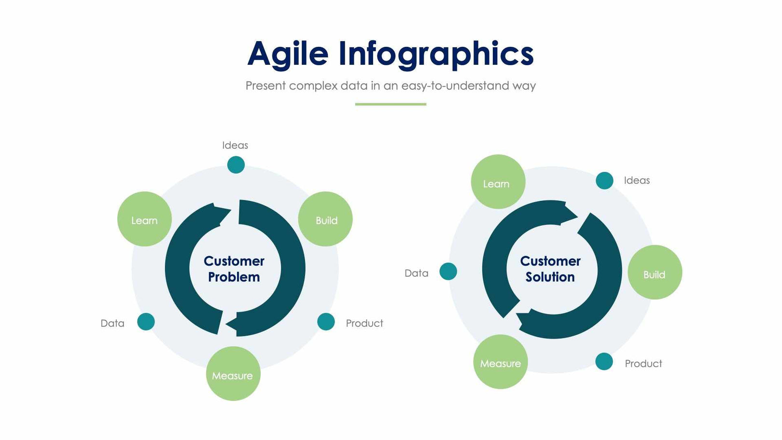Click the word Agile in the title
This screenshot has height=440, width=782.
[288, 54]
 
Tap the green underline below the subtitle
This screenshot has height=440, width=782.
[391, 104]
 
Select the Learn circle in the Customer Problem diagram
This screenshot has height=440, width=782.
[144, 219]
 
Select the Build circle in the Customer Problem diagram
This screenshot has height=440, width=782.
[325, 219]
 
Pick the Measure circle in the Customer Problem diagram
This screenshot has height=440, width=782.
[233, 374]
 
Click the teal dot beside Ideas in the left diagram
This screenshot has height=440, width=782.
[236, 165]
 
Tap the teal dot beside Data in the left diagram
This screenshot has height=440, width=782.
[146, 322]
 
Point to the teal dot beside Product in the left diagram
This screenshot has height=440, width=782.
[326, 322]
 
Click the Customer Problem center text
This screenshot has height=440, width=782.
[234, 269]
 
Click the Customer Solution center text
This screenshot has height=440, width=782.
[550, 269]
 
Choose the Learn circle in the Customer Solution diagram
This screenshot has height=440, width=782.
[498, 182]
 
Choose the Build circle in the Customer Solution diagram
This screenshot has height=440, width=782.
[655, 272]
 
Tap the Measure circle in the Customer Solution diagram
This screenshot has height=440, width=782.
[501, 362]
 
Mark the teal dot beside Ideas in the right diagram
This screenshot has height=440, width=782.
[604, 181]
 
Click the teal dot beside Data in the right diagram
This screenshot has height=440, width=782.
[448, 271]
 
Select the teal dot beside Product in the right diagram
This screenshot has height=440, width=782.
[604, 361]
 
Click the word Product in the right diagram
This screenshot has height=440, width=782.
[643, 364]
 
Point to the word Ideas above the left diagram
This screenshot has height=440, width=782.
[235, 145]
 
